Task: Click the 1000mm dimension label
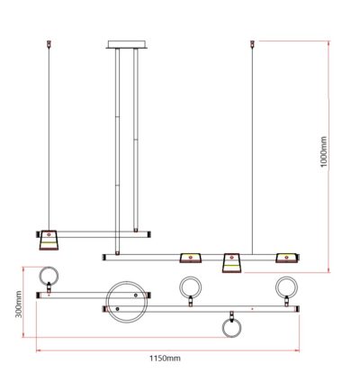[x=323, y=151]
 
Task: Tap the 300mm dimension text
[x=19, y=304]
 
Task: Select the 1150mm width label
[x=165, y=358]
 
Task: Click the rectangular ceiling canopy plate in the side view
[x=127, y=44]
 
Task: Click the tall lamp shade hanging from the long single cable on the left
[x=48, y=240]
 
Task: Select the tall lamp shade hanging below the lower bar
[x=232, y=263]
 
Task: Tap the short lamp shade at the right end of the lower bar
[x=286, y=258]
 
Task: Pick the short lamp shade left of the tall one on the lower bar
[x=191, y=258]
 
